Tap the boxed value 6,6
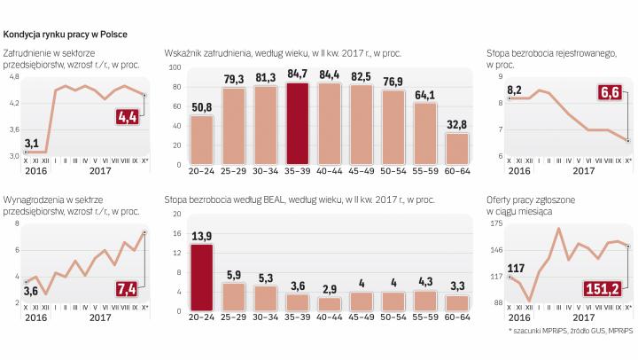609,91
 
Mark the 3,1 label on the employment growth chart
30,143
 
